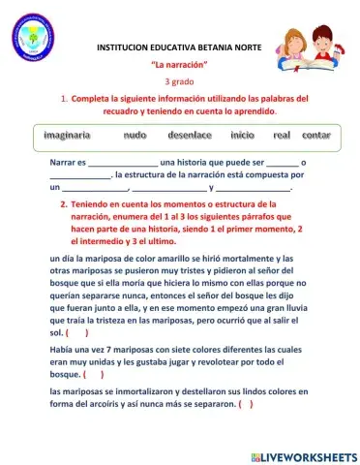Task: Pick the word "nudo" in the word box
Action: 135,135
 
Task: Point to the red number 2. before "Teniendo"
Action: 63,205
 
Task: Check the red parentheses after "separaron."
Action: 244,404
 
